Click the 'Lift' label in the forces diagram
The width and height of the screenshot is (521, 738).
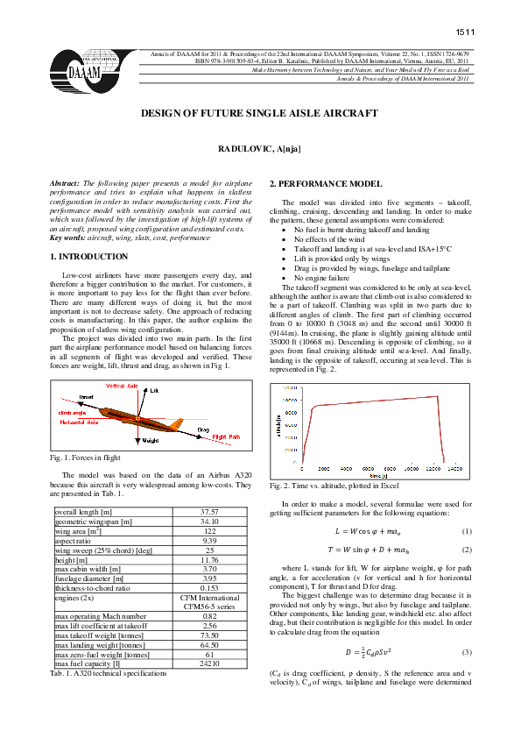point(155,389)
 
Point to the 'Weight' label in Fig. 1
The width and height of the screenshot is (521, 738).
point(150,440)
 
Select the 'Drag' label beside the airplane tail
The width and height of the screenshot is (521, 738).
point(203,429)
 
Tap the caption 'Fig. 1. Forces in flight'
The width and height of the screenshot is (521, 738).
point(86,458)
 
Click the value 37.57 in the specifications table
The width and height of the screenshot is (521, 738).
point(208,511)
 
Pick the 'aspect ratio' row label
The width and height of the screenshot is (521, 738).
point(74,542)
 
